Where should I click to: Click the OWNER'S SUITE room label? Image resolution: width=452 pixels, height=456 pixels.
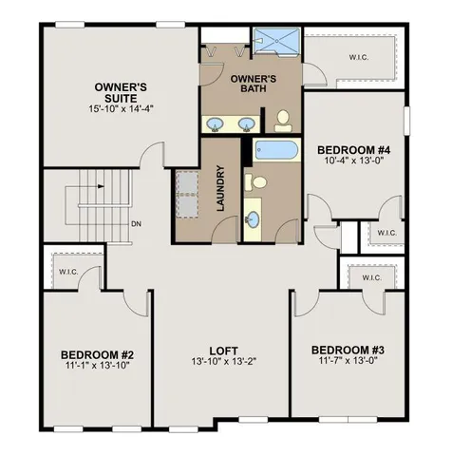coord(120,93)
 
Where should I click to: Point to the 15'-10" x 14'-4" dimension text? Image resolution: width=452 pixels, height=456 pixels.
coord(120,109)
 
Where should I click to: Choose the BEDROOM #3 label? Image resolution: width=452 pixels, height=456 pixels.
coord(348,351)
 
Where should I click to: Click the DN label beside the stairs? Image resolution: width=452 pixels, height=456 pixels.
coord(136,224)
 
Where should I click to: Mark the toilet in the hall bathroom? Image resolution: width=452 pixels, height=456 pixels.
coord(256,181)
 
